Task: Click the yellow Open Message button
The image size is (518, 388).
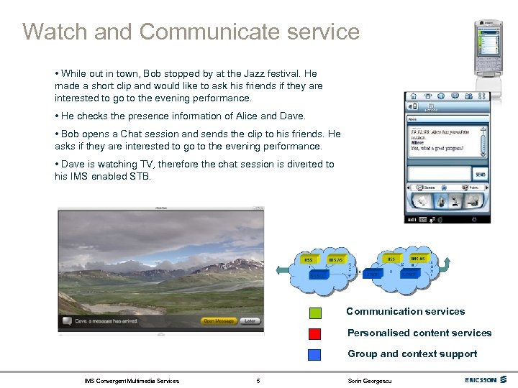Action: (219, 321)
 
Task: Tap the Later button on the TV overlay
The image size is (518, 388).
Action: (250, 321)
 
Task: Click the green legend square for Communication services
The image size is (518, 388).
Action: (315, 313)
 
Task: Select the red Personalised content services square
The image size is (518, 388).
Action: (315, 333)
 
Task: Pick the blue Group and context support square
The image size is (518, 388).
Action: (315, 354)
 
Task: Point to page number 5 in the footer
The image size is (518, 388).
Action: (258, 380)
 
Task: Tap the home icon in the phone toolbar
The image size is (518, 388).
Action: (414, 96)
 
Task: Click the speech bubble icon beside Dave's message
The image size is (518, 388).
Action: (66, 321)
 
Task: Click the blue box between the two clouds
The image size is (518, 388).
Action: (373, 273)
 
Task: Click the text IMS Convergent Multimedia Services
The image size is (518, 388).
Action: (132, 380)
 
